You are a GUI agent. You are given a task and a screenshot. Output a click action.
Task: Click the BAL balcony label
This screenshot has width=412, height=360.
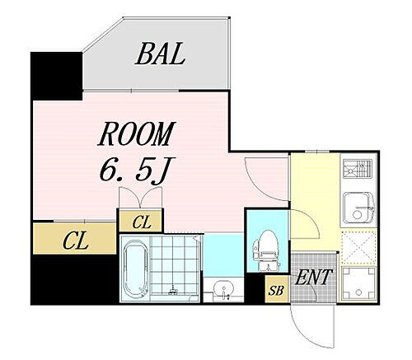point(160,54)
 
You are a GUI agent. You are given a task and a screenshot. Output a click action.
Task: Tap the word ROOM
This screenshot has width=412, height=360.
point(137,133)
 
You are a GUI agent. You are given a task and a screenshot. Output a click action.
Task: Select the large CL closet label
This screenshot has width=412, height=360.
point(75,241)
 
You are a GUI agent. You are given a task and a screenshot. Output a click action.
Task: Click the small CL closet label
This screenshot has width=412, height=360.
point(141,222)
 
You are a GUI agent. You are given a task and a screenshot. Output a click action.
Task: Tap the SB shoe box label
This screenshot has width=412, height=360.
point(276,290)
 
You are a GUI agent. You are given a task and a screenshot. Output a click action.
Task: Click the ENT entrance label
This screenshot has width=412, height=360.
point(313,277)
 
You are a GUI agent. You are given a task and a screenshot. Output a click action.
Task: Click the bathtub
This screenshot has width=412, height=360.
point(135,270)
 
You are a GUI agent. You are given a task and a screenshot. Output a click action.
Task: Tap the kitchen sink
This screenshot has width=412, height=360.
point(358,208)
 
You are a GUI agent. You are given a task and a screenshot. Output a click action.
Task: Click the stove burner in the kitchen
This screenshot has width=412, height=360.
point(357,168)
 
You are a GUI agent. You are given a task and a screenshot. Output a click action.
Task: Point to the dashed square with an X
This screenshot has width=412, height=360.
point(358,248)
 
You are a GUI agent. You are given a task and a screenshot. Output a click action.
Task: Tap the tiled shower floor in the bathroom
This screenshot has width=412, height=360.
point(174,264)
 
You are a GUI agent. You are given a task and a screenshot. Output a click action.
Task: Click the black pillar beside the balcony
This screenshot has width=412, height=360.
point(57,76)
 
